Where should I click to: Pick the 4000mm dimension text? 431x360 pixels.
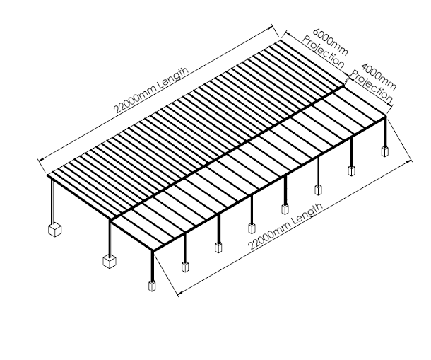click(x=379, y=76)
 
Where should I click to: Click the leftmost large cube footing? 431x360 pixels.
click(x=54, y=229)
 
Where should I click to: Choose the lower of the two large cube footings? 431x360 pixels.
click(x=109, y=261)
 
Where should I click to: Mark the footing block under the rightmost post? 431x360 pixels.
click(x=385, y=151)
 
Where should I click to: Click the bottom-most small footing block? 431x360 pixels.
click(x=152, y=286)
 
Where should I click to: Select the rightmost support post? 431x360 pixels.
click(x=385, y=132)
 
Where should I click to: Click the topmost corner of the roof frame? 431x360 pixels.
click(x=281, y=40)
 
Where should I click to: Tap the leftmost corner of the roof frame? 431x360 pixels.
click(x=47, y=175)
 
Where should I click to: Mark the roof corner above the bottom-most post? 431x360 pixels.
click(x=153, y=250)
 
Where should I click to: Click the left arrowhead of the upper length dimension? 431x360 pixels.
click(x=40, y=160)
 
